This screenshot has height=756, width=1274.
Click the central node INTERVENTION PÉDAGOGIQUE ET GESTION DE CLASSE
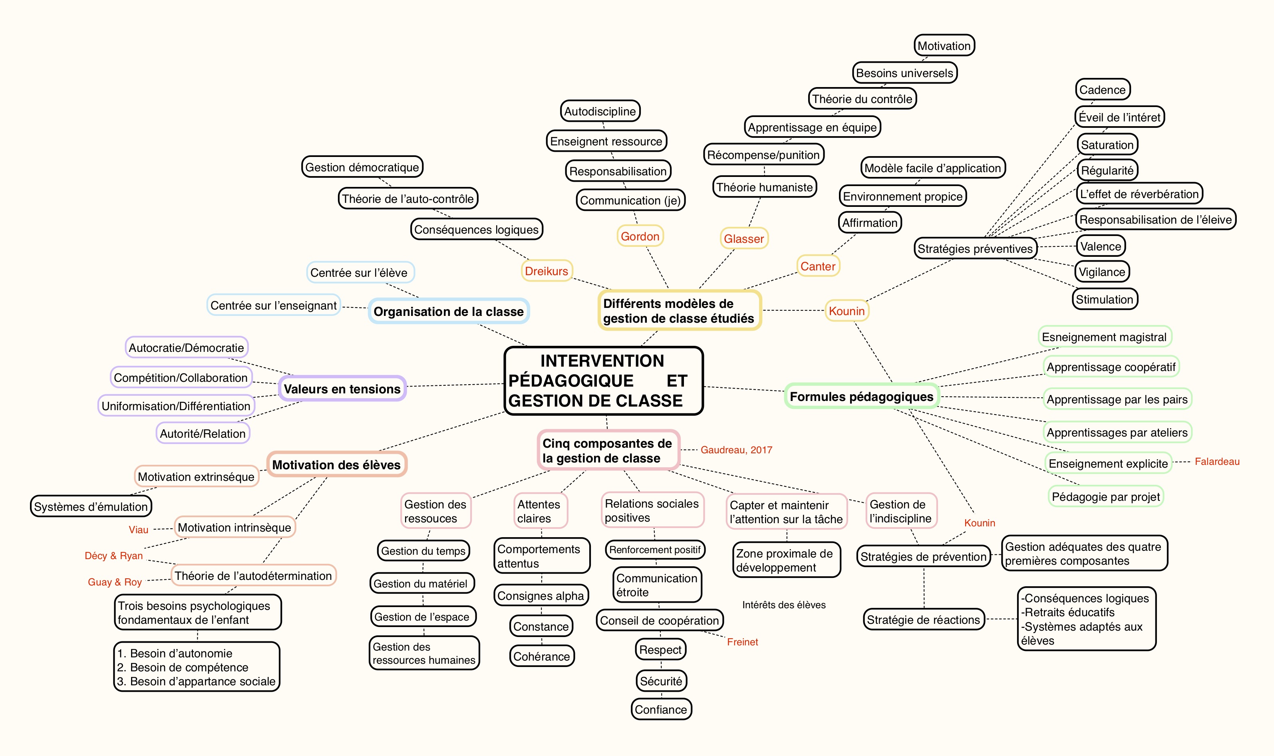click(x=603, y=381)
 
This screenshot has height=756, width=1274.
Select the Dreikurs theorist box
click(x=546, y=271)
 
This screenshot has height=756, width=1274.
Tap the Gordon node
click(x=640, y=236)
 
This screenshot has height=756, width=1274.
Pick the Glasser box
click(x=743, y=239)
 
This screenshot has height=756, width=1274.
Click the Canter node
click(x=817, y=266)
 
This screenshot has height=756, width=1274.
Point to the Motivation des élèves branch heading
click(x=336, y=464)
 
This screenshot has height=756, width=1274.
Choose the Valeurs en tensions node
click(x=342, y=389)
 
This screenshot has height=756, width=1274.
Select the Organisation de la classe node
click(x=449, y=311)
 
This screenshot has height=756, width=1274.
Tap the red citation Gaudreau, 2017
click(x=736, y=450)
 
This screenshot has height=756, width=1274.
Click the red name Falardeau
click(x=1217, y=462)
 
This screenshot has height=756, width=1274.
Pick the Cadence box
click(x=1102, y=90)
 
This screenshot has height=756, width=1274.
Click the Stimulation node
click(x=1104, y=300)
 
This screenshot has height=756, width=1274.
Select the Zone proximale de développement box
click(x=786, y=560)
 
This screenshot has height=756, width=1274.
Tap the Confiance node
click(x=660, y=710)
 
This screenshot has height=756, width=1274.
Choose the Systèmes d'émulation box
click(x=91, y=507)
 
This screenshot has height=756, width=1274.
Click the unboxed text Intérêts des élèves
click(x=784, y=605)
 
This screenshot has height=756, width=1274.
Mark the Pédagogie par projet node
click(x=1105, y=497)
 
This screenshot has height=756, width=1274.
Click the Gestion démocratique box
click(x=362, y=167)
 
